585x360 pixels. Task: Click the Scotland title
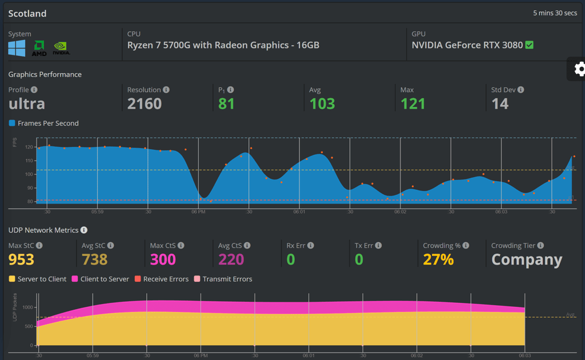pos(27,13)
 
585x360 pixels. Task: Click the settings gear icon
pos(580,69)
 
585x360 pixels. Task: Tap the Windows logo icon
pos(17,48)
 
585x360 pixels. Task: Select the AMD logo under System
pos(39,49)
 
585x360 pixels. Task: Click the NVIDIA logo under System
pos(61,49)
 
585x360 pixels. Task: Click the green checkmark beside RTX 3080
pos(530,45)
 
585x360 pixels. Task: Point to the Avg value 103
pos(322,103)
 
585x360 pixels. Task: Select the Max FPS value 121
pos(412,103)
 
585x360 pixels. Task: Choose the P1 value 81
pos(226,103)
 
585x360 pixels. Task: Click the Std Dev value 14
pos(500,103)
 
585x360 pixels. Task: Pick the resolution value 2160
pos(145,103)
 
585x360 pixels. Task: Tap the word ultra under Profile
pos(27,103)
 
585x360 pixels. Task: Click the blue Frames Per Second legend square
pos(12,123)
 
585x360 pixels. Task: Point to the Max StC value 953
pos(21,259)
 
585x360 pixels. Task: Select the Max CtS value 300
pos(163,259)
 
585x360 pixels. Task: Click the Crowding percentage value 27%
pos(438,259)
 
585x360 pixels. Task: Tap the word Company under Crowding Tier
pos(527,259)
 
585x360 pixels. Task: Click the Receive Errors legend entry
pos(162,279)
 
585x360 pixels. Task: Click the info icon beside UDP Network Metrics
pos(84,230)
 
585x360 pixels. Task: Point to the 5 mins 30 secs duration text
pos(555,13)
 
